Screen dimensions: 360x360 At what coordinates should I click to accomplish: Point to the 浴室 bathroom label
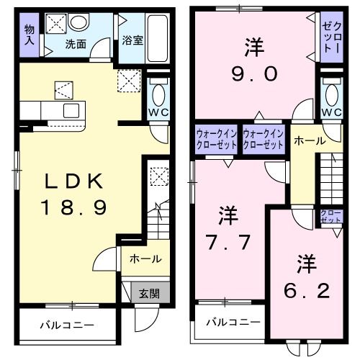132,40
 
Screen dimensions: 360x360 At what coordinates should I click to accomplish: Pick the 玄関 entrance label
149,293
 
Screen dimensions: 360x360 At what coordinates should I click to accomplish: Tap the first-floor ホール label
145,259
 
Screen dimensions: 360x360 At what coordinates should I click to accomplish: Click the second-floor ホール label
310,142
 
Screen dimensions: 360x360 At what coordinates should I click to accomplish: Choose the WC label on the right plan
331,113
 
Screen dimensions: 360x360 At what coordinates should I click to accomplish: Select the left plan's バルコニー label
66,325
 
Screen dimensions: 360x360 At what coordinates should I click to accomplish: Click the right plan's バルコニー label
233,321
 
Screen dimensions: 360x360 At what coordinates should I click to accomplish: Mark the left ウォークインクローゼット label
217,138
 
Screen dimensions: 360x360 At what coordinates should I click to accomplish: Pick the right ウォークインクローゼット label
264,138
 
